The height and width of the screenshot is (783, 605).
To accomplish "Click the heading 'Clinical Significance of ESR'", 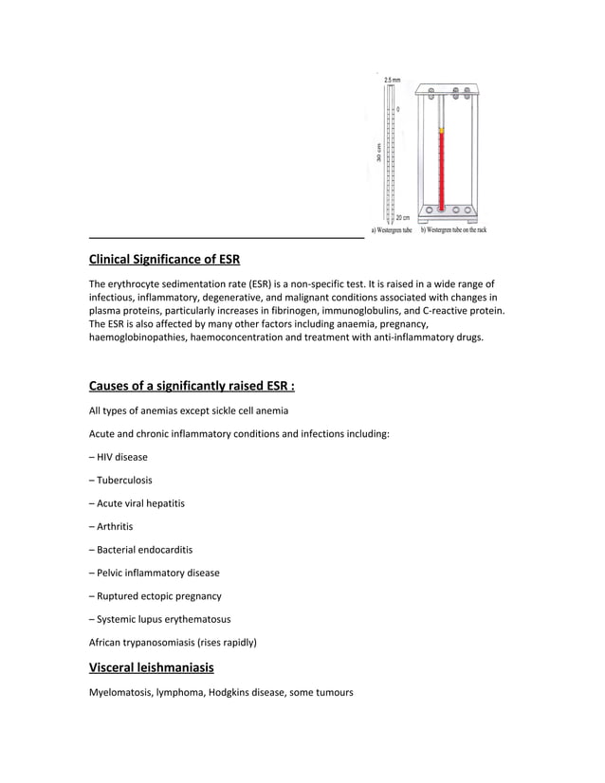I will pos(164,260).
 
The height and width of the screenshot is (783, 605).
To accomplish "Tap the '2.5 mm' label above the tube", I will pos(392,80).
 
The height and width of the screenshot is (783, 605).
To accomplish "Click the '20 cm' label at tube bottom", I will pos(402,218).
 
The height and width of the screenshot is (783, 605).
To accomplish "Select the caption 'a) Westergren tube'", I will pos(391,229).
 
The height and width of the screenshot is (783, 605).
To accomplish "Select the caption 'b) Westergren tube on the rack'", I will pos(453,229).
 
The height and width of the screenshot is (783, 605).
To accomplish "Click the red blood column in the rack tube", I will pos(441,171).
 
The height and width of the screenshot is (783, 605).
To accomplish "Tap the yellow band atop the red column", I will pos(441,130).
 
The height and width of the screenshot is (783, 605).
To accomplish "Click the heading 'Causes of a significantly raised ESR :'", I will pos(192,386).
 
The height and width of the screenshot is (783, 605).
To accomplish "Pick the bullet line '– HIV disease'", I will pos(119,457).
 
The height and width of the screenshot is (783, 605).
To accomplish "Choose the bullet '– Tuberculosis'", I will pos(120,481).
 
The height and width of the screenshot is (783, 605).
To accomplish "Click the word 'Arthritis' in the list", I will pos(115,526).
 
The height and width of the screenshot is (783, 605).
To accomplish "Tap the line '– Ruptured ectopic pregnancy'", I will pos(156,596).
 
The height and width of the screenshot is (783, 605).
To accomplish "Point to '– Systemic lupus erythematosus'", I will pos(160,619).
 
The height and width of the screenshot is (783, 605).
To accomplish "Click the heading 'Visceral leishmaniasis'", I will pos(151,667).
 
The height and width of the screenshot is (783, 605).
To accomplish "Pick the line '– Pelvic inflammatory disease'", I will pos(155,573).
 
